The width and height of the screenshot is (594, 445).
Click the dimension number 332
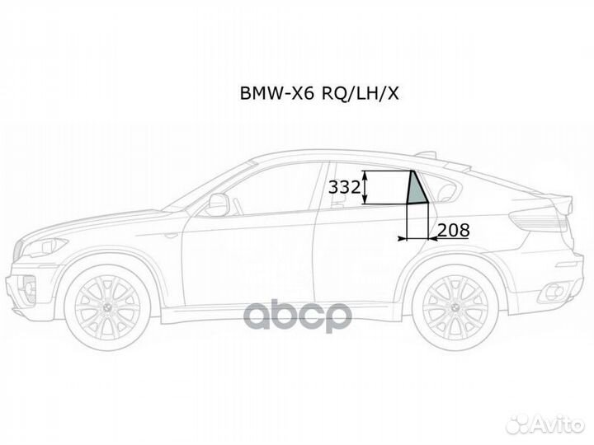(344, 187)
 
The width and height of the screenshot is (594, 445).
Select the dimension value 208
(454, 230)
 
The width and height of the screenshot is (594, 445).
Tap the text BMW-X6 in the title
(277, 93)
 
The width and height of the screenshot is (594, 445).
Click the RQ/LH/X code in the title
(361, 94)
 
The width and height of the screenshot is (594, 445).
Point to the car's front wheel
(107, 307)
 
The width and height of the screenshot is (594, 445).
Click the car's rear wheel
(455, 307)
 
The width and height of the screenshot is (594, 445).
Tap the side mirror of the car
(218, 204)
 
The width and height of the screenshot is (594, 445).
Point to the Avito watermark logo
(545, 424)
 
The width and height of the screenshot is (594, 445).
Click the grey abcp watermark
(297, 317)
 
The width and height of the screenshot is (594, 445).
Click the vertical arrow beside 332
(365, 187)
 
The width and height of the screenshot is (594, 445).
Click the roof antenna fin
(426, 154)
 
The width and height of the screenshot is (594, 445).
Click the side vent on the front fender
(172, 235)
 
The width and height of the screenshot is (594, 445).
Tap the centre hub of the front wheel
(107, 308)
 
